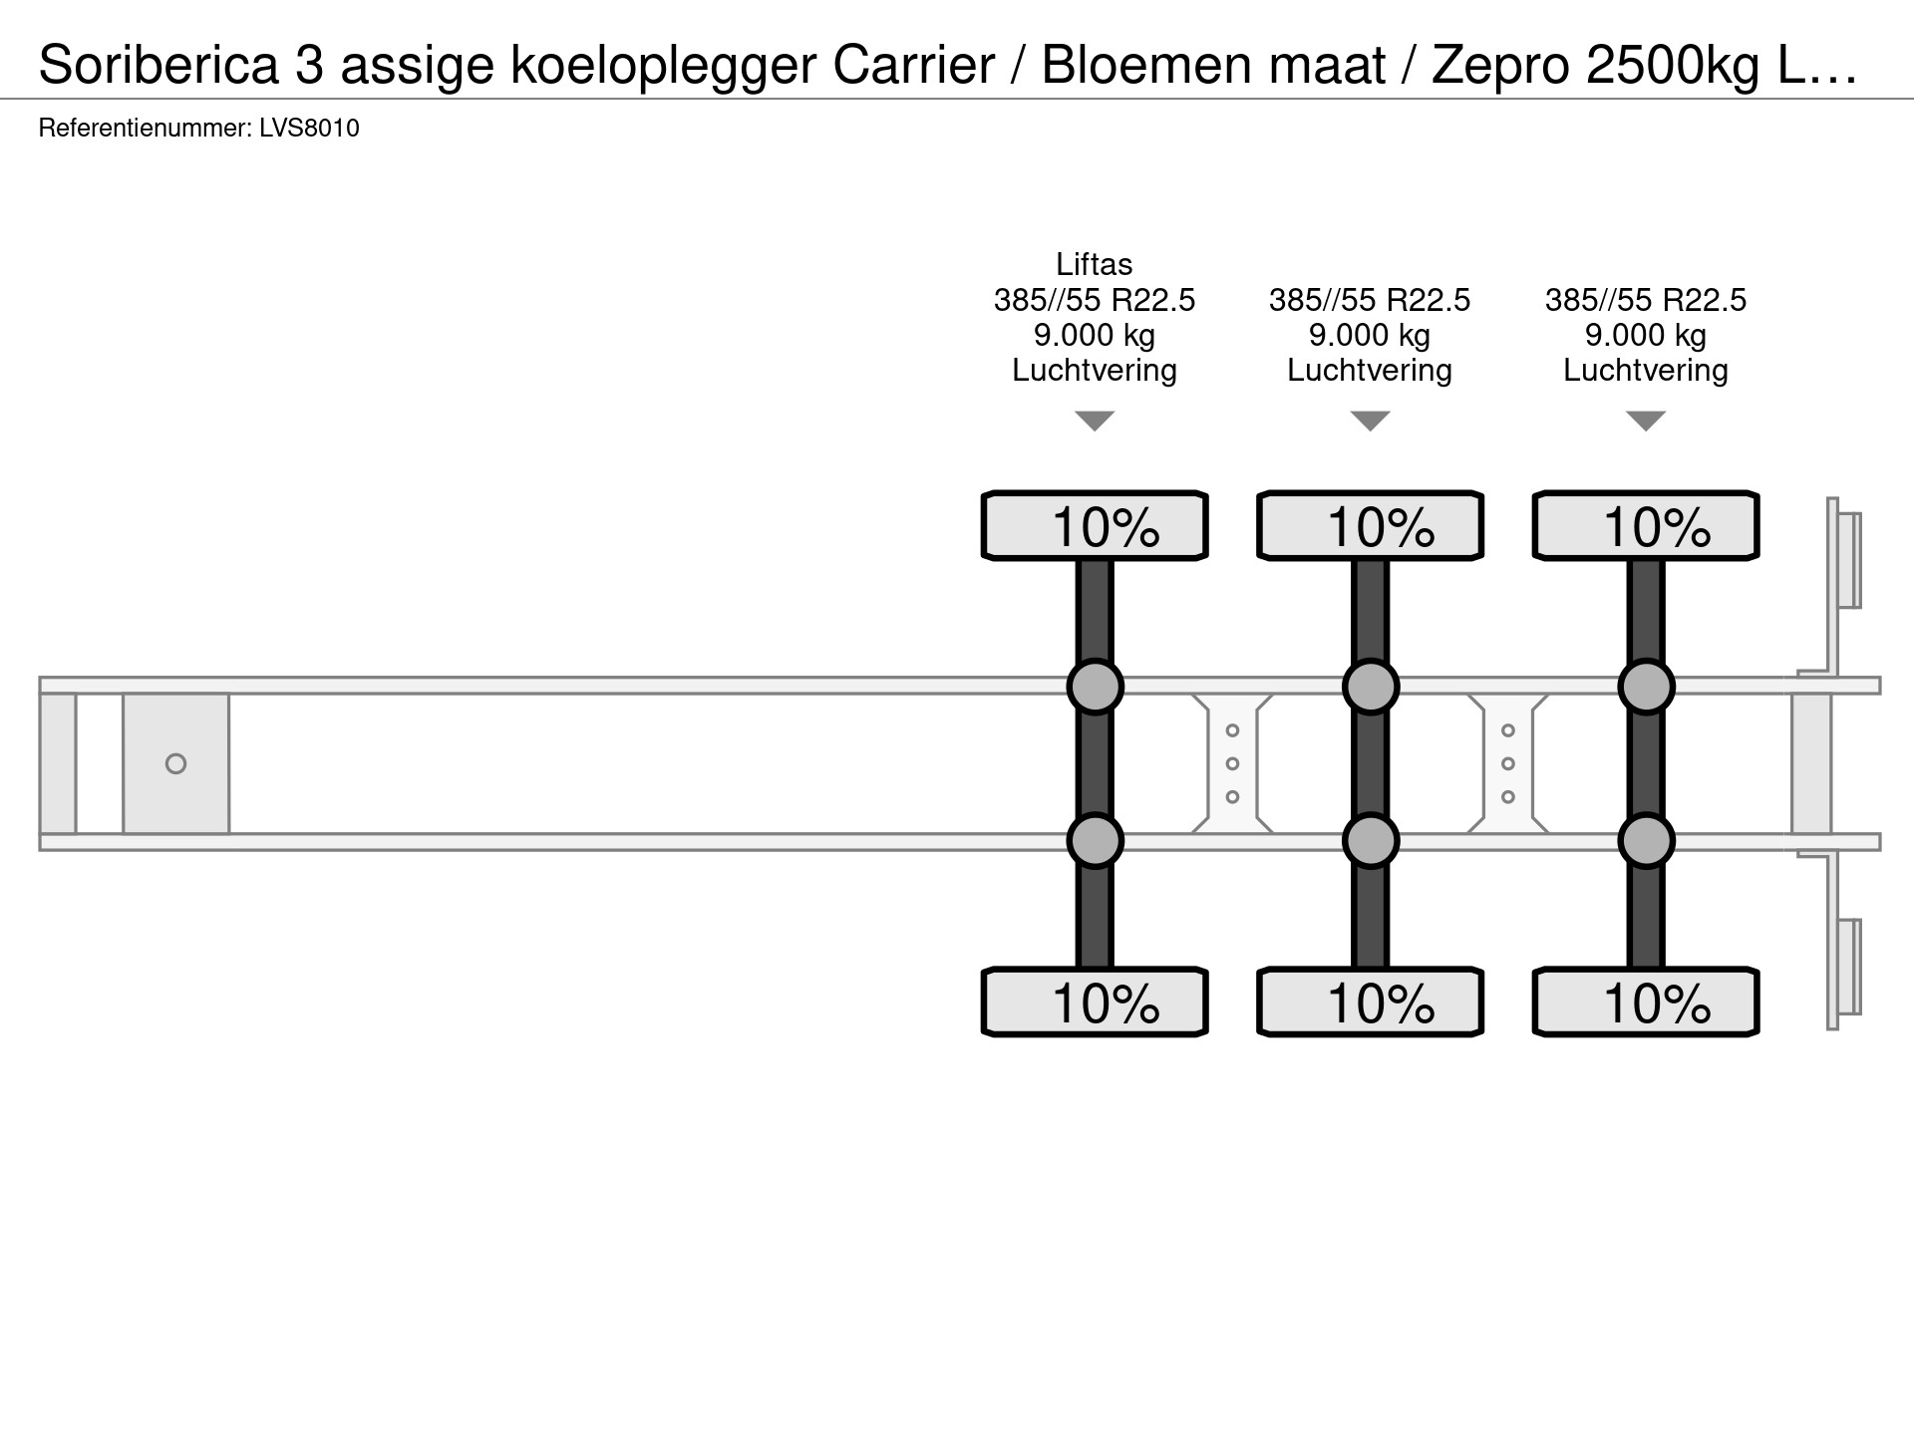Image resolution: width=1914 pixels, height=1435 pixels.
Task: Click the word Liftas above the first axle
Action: [1095, 264]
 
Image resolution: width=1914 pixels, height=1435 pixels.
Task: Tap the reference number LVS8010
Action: [309, 129]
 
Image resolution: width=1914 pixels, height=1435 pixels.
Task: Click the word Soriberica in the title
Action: [159, 66]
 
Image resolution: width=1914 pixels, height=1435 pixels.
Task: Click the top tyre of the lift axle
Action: [1095, 525]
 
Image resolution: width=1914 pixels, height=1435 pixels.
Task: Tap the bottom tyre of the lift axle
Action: [1095, 1002]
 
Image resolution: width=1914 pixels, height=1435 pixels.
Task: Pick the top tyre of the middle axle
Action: [1370, 525]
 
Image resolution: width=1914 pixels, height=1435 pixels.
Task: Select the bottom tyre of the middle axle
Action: [1370, 1002]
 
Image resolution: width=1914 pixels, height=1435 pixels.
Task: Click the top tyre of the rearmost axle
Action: [1646, 525]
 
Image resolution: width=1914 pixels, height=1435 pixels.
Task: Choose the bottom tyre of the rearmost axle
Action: [1646, 1002]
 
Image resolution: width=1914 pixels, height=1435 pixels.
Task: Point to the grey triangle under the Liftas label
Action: [1095, 420]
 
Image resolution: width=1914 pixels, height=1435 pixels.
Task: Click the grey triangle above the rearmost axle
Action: [1646, 420]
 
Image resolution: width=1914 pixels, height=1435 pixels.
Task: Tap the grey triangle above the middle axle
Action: [1370, 420]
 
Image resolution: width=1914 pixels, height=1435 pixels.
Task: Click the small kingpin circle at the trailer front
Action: [175, 763]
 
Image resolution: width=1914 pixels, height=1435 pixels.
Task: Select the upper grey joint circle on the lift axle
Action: [1095, 686]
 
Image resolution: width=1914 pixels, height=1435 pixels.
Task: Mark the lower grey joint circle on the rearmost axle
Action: [1646, 841]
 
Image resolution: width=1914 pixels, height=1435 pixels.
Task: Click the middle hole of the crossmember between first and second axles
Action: [1232, 763]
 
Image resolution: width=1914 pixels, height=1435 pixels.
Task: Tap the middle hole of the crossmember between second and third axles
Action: [1507, 763]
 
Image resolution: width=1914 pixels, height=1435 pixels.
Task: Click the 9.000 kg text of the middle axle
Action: [1370, 336]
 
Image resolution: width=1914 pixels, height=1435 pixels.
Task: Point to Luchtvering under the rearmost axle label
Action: [1646, 370]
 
